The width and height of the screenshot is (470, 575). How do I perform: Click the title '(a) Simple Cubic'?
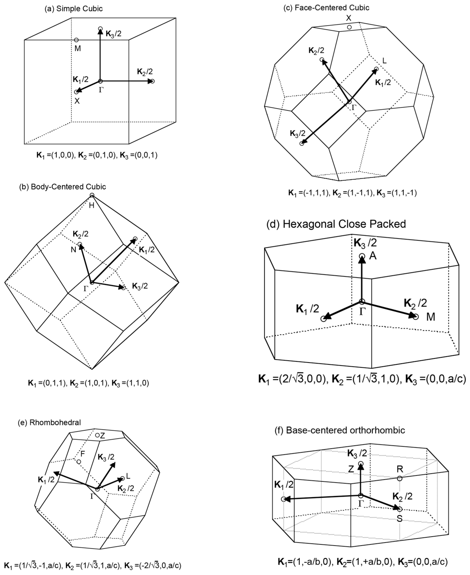pos(74,9)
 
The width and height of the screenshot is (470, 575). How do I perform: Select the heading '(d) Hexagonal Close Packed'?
pos(336,224)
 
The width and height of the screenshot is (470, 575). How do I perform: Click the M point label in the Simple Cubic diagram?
pos(78,48)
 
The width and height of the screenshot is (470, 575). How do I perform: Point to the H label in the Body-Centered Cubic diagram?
pos(92,205)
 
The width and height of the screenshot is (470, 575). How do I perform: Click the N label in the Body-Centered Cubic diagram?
pos(73,250)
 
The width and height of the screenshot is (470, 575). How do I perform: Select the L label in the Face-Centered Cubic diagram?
pos(384,61)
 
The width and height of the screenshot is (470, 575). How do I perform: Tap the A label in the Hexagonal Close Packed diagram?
pos(373,256)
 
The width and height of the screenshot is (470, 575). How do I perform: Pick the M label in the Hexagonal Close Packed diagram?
pos(431,317)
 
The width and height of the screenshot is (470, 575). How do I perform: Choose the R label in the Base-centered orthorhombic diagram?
pos(400,469)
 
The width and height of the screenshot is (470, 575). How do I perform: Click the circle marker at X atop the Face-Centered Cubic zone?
pos(349,27)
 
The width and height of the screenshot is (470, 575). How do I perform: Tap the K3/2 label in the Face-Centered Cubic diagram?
pos(298,133)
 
